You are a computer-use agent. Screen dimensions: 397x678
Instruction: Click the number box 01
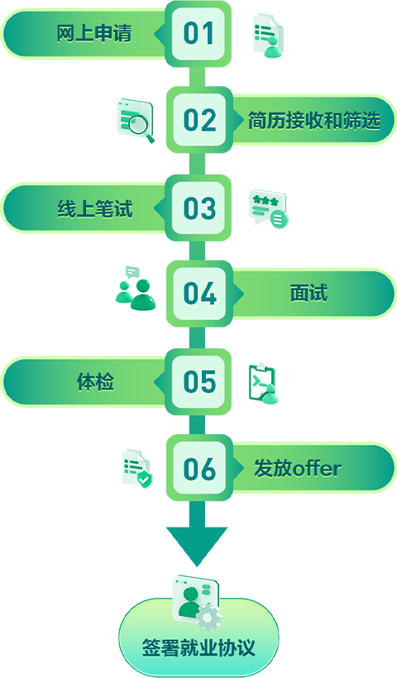pos(198,34)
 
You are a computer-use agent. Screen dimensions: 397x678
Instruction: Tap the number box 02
pos(199,120)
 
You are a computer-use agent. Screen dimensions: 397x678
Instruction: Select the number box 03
pos(198,208)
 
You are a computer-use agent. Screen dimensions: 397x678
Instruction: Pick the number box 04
pos(199,294)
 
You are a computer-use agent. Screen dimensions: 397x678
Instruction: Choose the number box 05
pos(198,382)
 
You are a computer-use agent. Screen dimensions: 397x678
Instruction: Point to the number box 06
pos(199,468)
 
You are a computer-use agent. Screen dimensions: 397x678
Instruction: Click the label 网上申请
pos(94,34)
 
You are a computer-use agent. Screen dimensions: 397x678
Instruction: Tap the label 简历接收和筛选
pos(314,121)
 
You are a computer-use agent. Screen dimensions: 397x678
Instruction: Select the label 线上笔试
pos(95,208)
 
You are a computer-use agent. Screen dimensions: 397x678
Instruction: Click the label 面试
pos(309,294)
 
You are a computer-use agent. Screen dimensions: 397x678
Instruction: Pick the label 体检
pos(95,382)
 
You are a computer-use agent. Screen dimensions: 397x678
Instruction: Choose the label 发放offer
pos(298,469)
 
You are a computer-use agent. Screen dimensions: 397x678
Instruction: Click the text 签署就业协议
pos(198,647)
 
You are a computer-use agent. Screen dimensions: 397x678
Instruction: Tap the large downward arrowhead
pos(197,546)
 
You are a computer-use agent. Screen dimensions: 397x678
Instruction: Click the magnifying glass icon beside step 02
pos(136,121)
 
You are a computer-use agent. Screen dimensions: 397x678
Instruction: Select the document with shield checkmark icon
pos(137,468)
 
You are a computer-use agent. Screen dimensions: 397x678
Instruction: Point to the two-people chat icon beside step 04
pos(136,288)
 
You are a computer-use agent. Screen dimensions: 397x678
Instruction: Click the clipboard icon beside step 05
pos(263,384)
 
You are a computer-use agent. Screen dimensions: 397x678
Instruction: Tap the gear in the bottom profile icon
pos(209,616)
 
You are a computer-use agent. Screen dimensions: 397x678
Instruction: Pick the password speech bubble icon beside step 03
pos(268,208)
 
